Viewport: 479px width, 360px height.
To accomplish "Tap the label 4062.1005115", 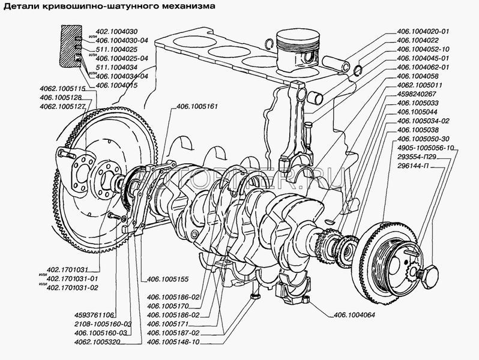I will (60, 89).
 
